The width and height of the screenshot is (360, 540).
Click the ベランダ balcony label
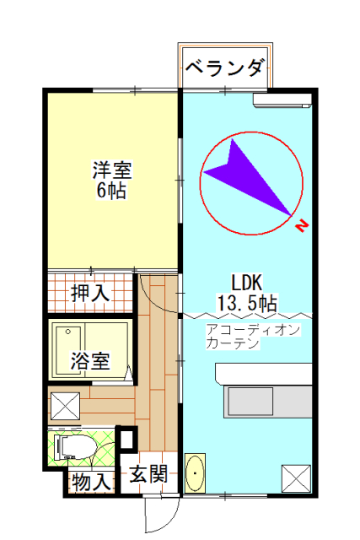pos(226,67)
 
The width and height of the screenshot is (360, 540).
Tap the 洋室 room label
pos(112,170)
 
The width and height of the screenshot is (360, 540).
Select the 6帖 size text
pos(111,190)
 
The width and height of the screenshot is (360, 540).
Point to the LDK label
pos(247,283)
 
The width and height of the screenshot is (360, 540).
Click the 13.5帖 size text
pos(247,303)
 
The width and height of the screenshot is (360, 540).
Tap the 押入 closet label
pos(90,293)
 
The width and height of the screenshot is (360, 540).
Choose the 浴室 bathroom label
pos(90,360)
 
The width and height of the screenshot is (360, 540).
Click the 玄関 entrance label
pos(148,474)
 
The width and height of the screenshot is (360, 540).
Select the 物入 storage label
pos(91,482)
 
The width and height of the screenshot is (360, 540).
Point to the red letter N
pos(302,226)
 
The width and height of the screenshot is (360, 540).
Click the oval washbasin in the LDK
pos(195,473)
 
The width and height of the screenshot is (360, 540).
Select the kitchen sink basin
pos(250,402)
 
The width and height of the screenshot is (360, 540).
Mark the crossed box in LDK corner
pos(296,478)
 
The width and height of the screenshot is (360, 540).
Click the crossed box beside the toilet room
pos(66,406)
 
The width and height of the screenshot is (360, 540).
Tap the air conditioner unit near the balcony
pos(282,100)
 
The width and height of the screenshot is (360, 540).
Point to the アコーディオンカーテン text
pos(253,337)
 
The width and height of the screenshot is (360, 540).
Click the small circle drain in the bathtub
pos(67,332)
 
